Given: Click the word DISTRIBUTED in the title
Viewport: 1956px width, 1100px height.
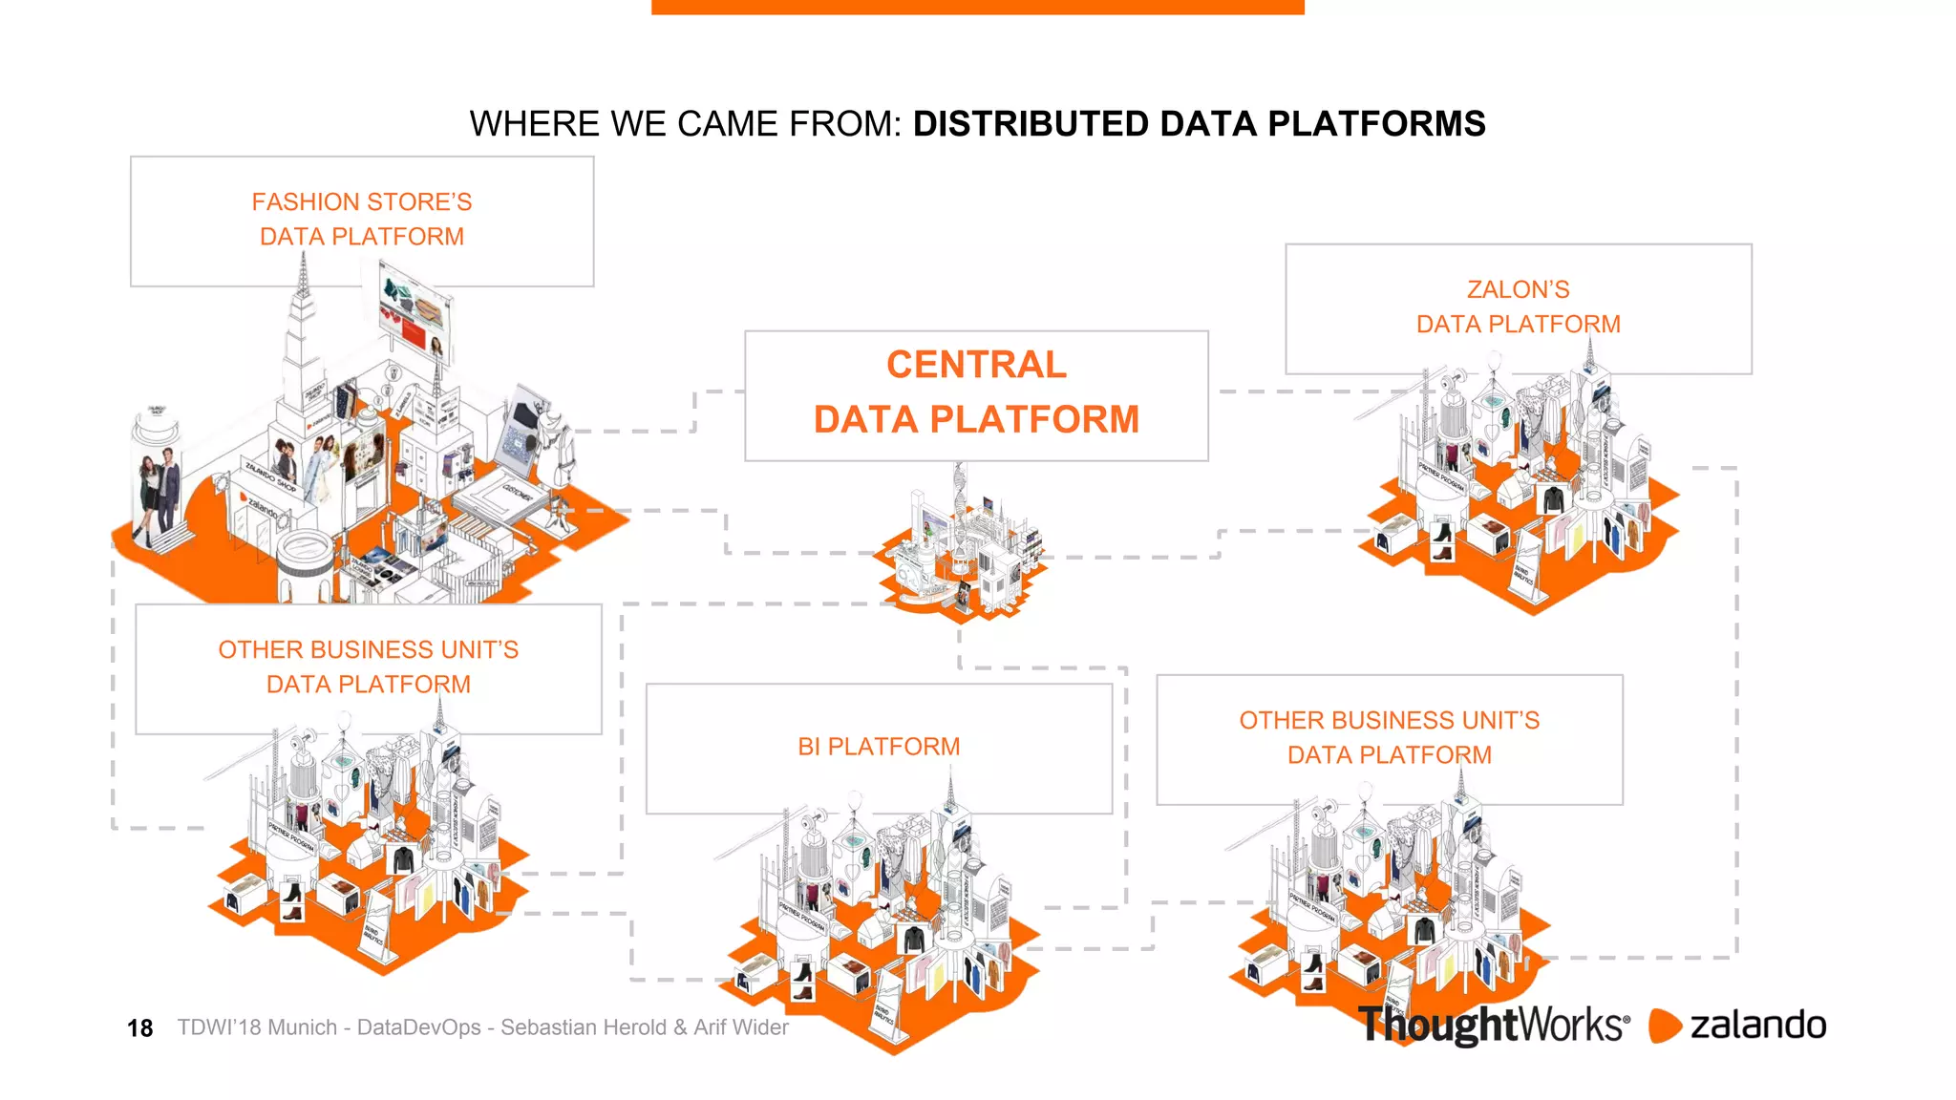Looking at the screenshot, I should click(1031, 124).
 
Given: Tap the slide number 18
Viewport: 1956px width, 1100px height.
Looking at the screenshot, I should click(139, 1028).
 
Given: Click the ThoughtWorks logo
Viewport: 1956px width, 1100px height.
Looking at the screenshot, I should click(1493, 1025).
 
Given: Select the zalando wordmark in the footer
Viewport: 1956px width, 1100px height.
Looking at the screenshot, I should click(1757, 1025).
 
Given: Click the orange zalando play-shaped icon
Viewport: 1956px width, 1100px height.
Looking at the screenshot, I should click(1664, 1026).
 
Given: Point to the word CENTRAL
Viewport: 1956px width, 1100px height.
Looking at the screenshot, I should click(976, 365).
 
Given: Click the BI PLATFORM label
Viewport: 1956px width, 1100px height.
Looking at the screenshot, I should click(879, 747).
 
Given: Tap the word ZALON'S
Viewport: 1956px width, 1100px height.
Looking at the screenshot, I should click(1518, 289).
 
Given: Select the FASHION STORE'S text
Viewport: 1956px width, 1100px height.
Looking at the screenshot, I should click(362, 202).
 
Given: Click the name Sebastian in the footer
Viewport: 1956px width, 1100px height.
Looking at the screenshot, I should click(544, 1027).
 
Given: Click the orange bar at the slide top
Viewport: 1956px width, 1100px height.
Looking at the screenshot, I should click(977, 7).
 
